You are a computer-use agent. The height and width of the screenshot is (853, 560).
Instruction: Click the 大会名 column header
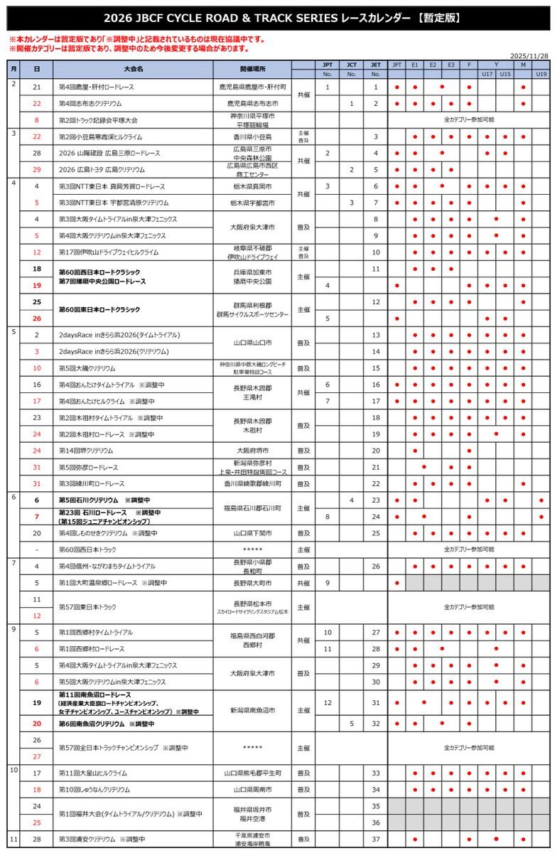133,69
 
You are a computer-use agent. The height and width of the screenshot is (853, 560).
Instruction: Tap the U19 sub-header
541,74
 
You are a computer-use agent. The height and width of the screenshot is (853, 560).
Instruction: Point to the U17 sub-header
487,74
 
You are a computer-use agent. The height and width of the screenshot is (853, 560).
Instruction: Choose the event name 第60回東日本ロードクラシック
99,310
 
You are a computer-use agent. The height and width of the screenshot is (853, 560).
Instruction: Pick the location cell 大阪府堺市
253,451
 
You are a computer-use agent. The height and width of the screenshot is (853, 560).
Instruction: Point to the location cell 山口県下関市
253,533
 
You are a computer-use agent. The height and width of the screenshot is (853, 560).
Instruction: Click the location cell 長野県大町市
253,583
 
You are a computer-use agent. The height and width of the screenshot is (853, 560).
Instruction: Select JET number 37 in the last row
376,839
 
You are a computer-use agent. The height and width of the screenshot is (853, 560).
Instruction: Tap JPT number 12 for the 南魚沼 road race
328,703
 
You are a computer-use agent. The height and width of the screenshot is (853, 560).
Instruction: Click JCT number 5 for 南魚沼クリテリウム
351,724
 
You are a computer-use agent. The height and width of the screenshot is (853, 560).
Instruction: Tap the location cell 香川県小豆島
253,136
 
